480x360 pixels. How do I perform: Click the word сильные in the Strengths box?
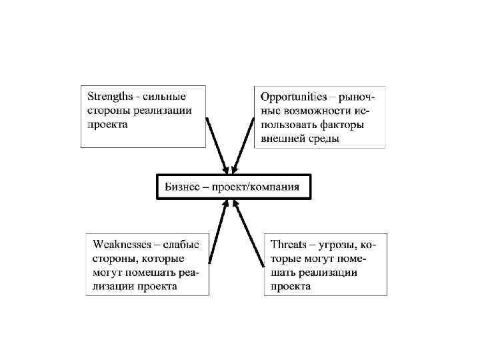(x=165, y=96)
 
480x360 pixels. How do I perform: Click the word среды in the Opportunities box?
(x=325, y=139)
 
